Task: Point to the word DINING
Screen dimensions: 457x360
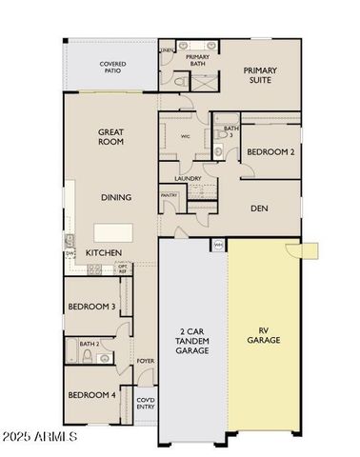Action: [x=116, y=197]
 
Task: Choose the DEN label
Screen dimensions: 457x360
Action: [x=258, y=208]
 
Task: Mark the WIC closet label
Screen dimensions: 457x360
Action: [x=186, y=135]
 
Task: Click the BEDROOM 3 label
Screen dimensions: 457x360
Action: [x=91, y=307]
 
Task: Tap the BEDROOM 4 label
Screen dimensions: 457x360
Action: [x=91, y=395]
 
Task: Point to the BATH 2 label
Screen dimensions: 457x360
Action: [x=89, y=344]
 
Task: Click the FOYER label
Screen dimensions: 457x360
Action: [x=145, y=361]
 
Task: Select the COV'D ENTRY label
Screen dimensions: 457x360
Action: [x=145, y=404]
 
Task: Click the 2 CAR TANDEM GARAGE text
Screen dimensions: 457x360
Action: [x=193, y=341]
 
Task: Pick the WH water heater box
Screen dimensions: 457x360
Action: [x=218, y=245]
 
